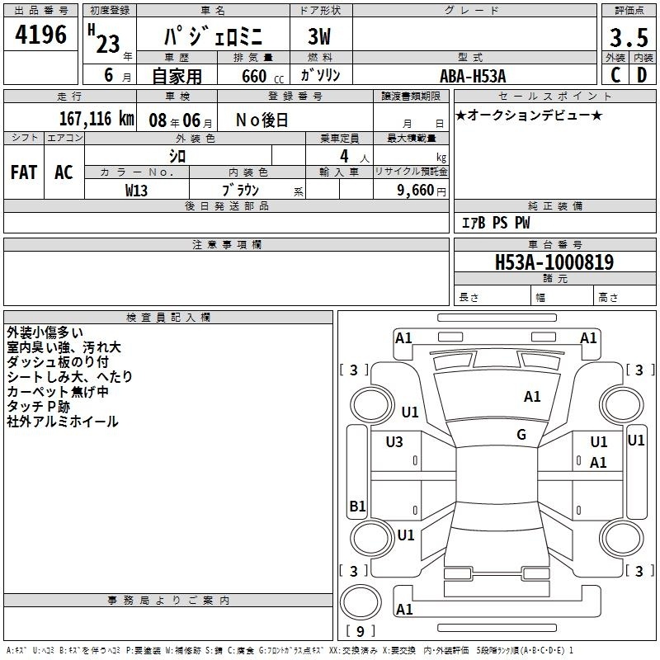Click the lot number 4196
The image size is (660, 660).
pos(40,35)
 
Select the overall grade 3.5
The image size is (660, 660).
pos(629,37)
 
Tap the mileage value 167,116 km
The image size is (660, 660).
pos(97,119)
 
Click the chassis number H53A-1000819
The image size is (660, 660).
pos(554,262)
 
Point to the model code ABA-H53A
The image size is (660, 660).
pos(473,76)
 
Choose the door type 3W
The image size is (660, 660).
pos(319,36)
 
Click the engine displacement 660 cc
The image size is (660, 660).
pos(262,76)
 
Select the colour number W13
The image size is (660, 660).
pos(136,191)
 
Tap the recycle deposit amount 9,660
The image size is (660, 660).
pos(416,191)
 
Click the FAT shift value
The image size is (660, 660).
pos(24,172)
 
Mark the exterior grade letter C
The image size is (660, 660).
pos(615,75)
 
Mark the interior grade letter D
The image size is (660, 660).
pos(642,75)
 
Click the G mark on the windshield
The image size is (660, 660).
pos(521,434)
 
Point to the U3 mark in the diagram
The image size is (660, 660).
pos(394,441)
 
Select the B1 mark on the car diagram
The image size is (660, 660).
pos(357,506)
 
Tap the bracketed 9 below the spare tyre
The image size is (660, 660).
pos(360,631)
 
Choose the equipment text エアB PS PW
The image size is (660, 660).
pos(496,223)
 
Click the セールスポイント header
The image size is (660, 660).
pos(554,97)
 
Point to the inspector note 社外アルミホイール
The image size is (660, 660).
pos(63,422)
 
